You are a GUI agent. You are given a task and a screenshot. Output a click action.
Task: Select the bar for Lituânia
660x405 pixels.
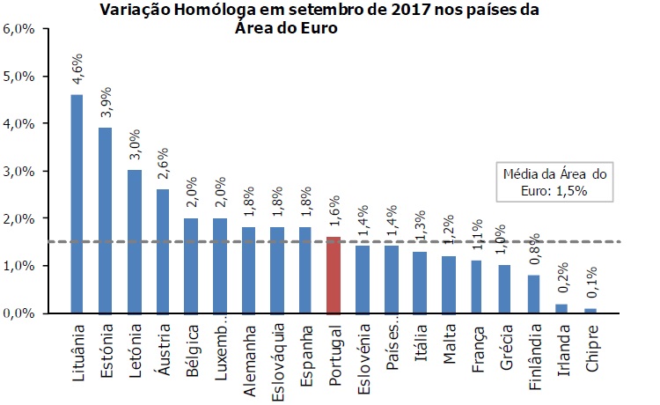pyautogui.click(x=77, y=203)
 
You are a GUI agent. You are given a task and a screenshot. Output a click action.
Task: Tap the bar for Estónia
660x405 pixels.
pyautogui.click(x=106, y=220)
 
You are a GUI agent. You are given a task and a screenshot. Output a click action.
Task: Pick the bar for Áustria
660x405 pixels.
pyautogui.click(x=163, y=251)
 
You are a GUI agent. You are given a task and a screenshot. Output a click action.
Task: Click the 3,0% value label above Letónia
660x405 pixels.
pyautogui.click(x=135, y=144)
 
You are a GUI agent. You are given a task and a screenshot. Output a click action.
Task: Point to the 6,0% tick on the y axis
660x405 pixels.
pyautogui.click(x=19, y=28)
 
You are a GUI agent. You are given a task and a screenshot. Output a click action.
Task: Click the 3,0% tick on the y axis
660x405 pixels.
pyautogui.click(x=19, y=171)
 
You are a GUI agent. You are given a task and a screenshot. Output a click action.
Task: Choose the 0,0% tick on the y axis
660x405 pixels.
pyautogui.click(x=19, y=313)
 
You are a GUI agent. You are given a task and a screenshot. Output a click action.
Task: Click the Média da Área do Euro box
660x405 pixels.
pyautogui.click(x=554, y=181)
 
